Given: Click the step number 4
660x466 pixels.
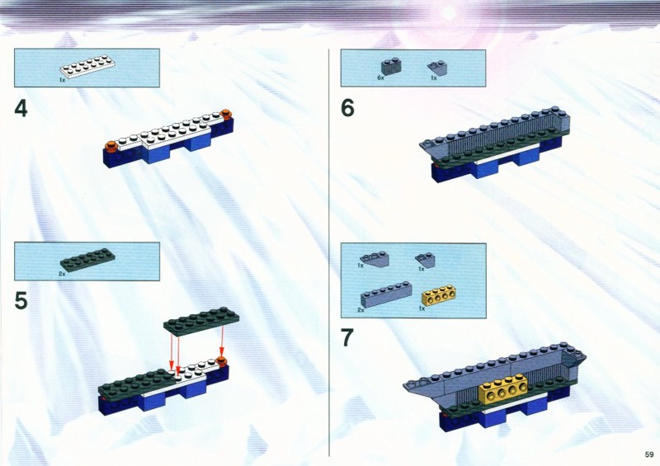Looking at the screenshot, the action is pos(21,109).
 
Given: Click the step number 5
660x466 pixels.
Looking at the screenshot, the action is pos(21,301).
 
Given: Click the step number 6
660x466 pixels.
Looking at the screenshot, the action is pos(347,108).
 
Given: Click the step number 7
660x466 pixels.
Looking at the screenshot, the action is pos(346,337).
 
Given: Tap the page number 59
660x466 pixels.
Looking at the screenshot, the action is pos(649,454).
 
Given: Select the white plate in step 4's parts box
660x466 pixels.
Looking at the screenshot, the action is pos(88,67).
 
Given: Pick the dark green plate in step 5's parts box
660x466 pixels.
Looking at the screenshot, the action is pos(87,260).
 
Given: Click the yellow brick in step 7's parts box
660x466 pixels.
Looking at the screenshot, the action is pos(438,294).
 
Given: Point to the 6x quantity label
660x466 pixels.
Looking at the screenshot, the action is pos(380,78).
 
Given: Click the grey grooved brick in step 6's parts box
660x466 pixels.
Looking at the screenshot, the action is pos(391,67).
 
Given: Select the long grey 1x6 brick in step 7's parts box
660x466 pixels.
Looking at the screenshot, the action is pos(386,294).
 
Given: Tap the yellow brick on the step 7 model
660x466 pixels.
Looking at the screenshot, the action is pos(503,390).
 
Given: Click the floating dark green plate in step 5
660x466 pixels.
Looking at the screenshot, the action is pos(201,321).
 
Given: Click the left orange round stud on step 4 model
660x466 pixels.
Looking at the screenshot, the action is pos(111,146).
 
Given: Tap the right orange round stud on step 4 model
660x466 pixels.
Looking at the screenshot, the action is pos(226,113).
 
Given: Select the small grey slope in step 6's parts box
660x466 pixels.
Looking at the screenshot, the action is pos(437,68).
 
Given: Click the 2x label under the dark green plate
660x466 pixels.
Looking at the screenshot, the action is pos(62,274).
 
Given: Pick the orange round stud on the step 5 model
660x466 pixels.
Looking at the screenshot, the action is pos(221,360).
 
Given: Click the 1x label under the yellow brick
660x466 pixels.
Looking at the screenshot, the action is pos(422,308).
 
